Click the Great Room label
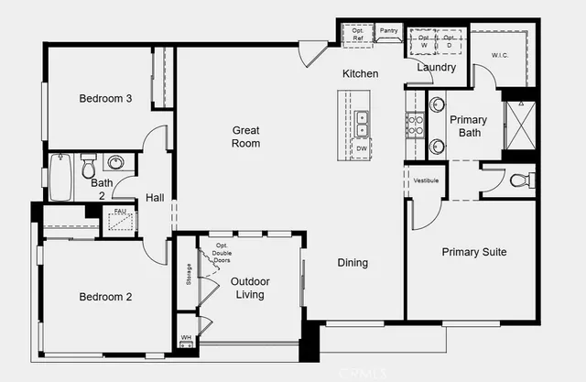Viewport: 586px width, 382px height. tap(245, 136)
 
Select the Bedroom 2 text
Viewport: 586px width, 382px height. tap(105, 297)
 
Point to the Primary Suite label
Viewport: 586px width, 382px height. tap(473, 252)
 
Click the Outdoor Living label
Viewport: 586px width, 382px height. tap(247, 288)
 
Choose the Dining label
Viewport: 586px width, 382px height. tap(353, 263)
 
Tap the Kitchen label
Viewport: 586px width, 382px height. tap(361, 73)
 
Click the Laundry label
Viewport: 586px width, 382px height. tap(436, 67)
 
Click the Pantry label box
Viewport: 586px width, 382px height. tap(388, 31)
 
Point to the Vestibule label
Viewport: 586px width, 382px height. tap(426, 180)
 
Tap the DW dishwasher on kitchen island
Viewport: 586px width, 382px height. tap(362, 148)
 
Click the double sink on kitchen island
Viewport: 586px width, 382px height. tap(363, 118)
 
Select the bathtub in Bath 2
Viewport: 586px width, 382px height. tap(60, 176)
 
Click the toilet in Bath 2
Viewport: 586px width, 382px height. tap(89, 167)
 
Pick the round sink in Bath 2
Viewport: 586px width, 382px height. tap(116, 163)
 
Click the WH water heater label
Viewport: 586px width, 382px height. tap(186, 337)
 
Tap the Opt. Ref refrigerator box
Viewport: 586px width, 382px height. tap(357, 34)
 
